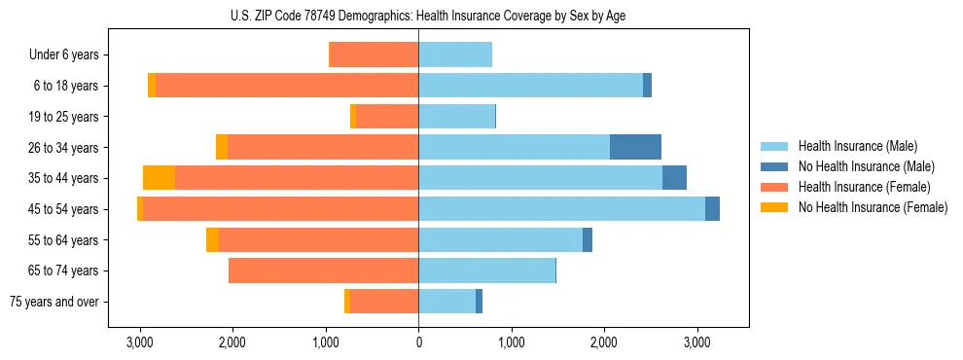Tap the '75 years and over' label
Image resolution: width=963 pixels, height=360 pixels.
53,302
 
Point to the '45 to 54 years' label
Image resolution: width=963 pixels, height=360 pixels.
59,209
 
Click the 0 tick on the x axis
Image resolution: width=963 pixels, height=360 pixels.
418,342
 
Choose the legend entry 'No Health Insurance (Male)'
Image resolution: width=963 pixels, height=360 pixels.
866,166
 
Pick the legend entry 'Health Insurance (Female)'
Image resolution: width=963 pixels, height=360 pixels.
866,187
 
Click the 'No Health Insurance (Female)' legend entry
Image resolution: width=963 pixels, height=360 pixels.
873,207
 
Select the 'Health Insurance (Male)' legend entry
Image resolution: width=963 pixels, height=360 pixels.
856,146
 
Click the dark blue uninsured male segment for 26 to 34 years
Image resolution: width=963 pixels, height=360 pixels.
635,147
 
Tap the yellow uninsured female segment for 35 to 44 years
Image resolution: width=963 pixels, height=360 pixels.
159,178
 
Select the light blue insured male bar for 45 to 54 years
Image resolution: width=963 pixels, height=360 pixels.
561,209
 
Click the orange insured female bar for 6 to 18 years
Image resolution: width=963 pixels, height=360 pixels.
287,86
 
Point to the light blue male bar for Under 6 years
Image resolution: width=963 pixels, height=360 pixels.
455,54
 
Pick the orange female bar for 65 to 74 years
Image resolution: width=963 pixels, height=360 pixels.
323,270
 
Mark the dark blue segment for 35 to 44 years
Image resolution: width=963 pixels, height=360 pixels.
674,178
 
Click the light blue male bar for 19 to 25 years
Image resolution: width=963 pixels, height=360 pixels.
456,117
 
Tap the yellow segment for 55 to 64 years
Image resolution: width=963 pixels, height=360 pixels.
212,239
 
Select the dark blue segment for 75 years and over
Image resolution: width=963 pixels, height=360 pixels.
479,302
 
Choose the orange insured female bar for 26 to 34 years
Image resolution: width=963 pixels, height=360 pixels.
323,147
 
